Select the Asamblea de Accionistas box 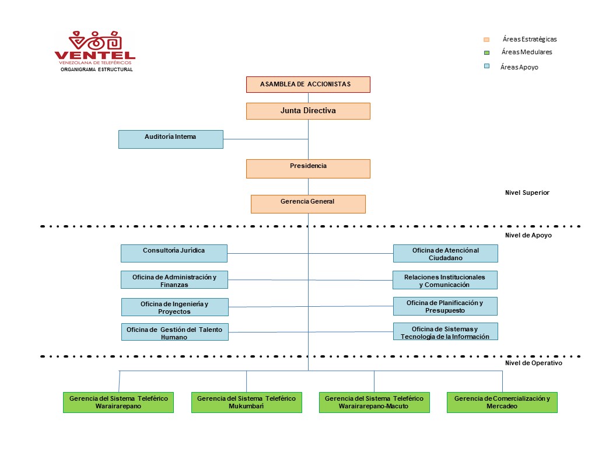pyautogui.click(x=308, y=85)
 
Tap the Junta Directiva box pyautogui.click(x=308, y=111)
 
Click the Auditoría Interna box pyautogui.click(x=170, y=139)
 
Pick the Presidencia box pyautogui.click(x=308, y=169)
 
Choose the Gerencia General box pyautogui.click(x=308, y=204)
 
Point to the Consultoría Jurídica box pyautogui.click(x=174, y=253)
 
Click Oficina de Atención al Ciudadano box pyautogui.click(x=445, y=253)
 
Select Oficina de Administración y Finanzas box pyautogui.click(x=174, y=280)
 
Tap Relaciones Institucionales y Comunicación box pyautogui.click(x=445, y=280)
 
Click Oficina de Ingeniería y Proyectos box pyautogui.click(x=174, y=307)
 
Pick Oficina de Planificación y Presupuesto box pyautogui.click(x=445, y=306)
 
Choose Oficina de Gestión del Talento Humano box pyautogui.click(x=174, y=332)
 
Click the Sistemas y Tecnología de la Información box pyautogui.click(x=445, y=331)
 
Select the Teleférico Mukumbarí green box pyautogui.click(x=246, y=402)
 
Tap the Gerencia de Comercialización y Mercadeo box pyautogui.click(x=502, y=402)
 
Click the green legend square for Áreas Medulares pyautogui.click(x=487, y=52)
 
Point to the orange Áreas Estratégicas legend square pyautogui.click(x=487, y=40)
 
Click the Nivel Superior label pyautogui.click(x=527, y=192)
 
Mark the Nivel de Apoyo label pyautogui.click(x=528, y=235)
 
